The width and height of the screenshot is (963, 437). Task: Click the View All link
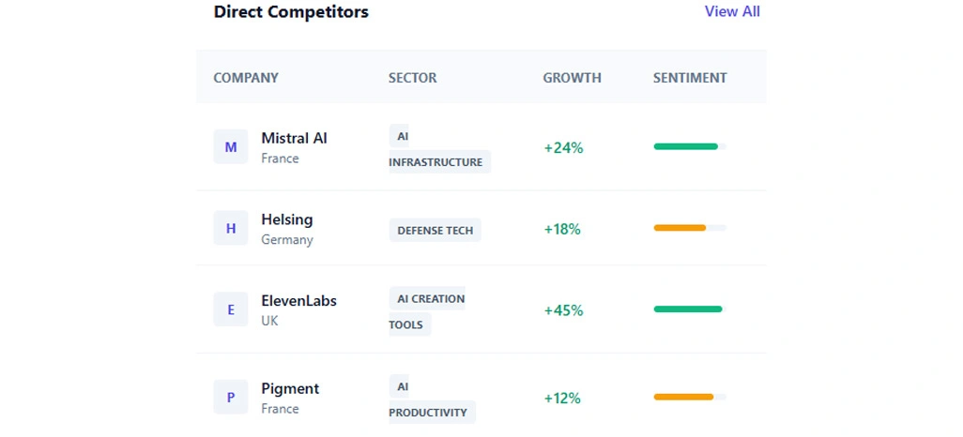point(732,12)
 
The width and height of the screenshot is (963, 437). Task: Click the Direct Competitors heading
point(291,12)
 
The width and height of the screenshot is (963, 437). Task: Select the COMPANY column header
point(246,78)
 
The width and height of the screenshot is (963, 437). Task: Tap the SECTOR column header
point(413,78)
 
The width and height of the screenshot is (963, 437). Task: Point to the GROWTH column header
point(572,78)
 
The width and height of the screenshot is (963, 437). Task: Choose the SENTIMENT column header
point(690,78)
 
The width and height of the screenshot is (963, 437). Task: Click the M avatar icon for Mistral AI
point(231,147)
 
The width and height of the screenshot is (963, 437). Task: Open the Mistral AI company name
point(294,138)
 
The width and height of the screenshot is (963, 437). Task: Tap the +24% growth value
point(563,147)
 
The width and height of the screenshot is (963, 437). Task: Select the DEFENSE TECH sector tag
point(436,231)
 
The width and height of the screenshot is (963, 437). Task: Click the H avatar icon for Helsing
point(231,229)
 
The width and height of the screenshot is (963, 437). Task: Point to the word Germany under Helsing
point(287,240)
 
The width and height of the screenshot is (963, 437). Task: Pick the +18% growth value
point(562,229)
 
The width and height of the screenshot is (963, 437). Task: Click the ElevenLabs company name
point(298,301)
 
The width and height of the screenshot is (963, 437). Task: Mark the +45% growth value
point(563,310)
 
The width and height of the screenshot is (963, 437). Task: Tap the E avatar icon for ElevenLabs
point(231,310)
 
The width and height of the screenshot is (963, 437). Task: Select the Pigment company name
point(290,388)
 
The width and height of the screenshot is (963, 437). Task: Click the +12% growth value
point(562,398)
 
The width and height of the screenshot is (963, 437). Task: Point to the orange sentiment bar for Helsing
point(680,228)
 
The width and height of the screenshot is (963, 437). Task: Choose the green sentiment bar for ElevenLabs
point(688,309)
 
